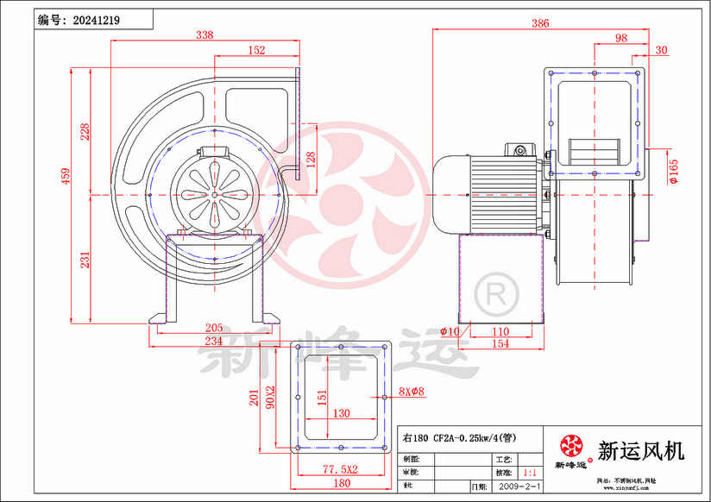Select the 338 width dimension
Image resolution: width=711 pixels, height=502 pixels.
204,35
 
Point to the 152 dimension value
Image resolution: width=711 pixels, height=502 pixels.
256,51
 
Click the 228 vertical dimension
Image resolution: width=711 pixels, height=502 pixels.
85,131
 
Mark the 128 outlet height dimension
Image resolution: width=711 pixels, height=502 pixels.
311,160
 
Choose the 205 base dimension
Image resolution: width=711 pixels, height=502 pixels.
214,328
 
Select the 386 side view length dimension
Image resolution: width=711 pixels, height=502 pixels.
540,24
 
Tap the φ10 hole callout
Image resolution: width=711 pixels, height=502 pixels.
450,331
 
